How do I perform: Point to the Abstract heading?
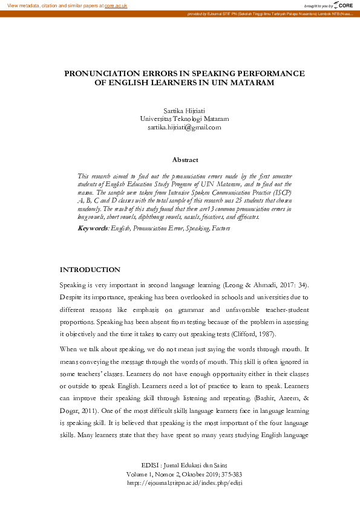(x=185, y=160)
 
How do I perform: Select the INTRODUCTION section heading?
(x=90, y=270)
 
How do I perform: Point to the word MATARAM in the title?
(x=249, y=83)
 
